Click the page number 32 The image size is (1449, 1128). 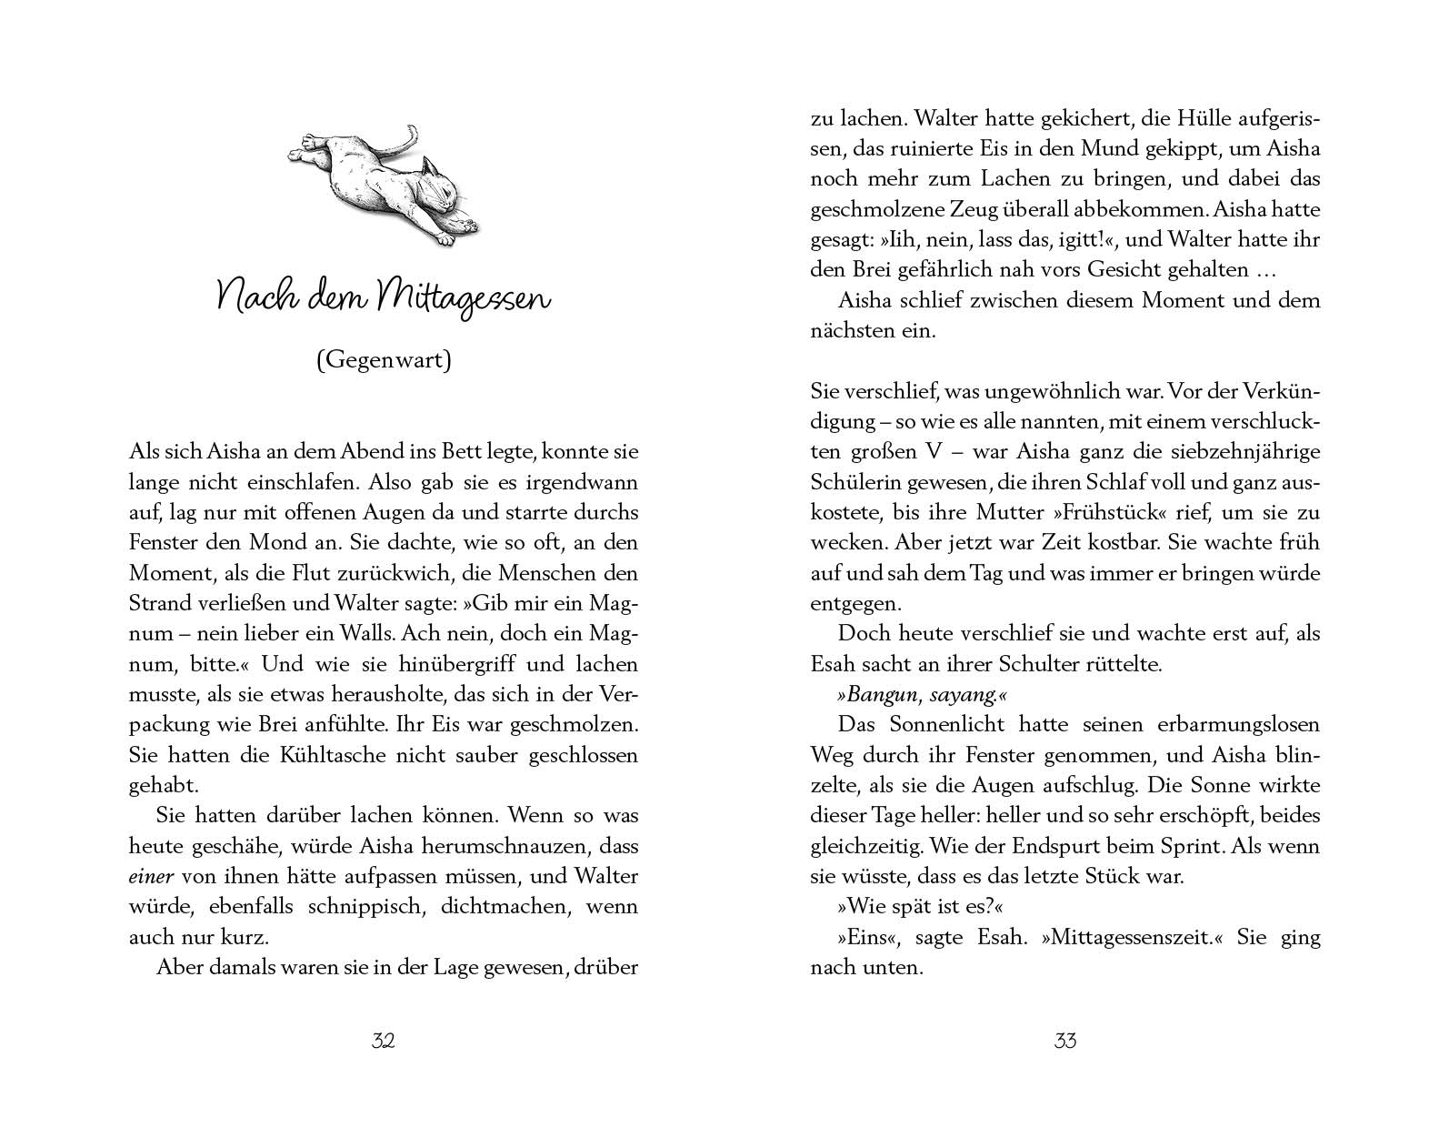(383, 1041)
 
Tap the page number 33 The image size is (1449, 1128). (1064, 1041)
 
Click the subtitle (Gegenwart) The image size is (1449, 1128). (383, 360)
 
